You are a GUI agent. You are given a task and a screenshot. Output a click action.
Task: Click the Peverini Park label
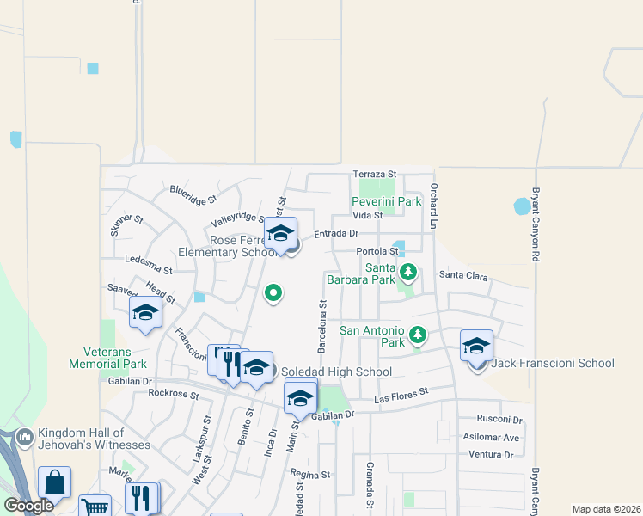386,201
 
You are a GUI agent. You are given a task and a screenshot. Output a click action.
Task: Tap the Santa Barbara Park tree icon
409,273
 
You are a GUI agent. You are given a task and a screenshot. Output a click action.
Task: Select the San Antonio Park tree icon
418,334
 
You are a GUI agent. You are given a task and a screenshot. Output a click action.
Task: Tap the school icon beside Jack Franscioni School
476,346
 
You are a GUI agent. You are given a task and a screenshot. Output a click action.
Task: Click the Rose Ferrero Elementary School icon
280,234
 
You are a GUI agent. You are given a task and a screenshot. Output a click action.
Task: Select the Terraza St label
374,175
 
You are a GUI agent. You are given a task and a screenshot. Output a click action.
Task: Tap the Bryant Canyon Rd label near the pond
535,224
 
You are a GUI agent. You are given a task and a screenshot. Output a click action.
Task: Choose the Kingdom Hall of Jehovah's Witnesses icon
24,439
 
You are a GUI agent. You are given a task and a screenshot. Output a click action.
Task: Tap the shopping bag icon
54,483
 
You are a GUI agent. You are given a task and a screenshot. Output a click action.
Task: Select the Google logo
28,506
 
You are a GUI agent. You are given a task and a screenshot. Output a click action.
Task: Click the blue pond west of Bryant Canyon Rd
522,206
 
